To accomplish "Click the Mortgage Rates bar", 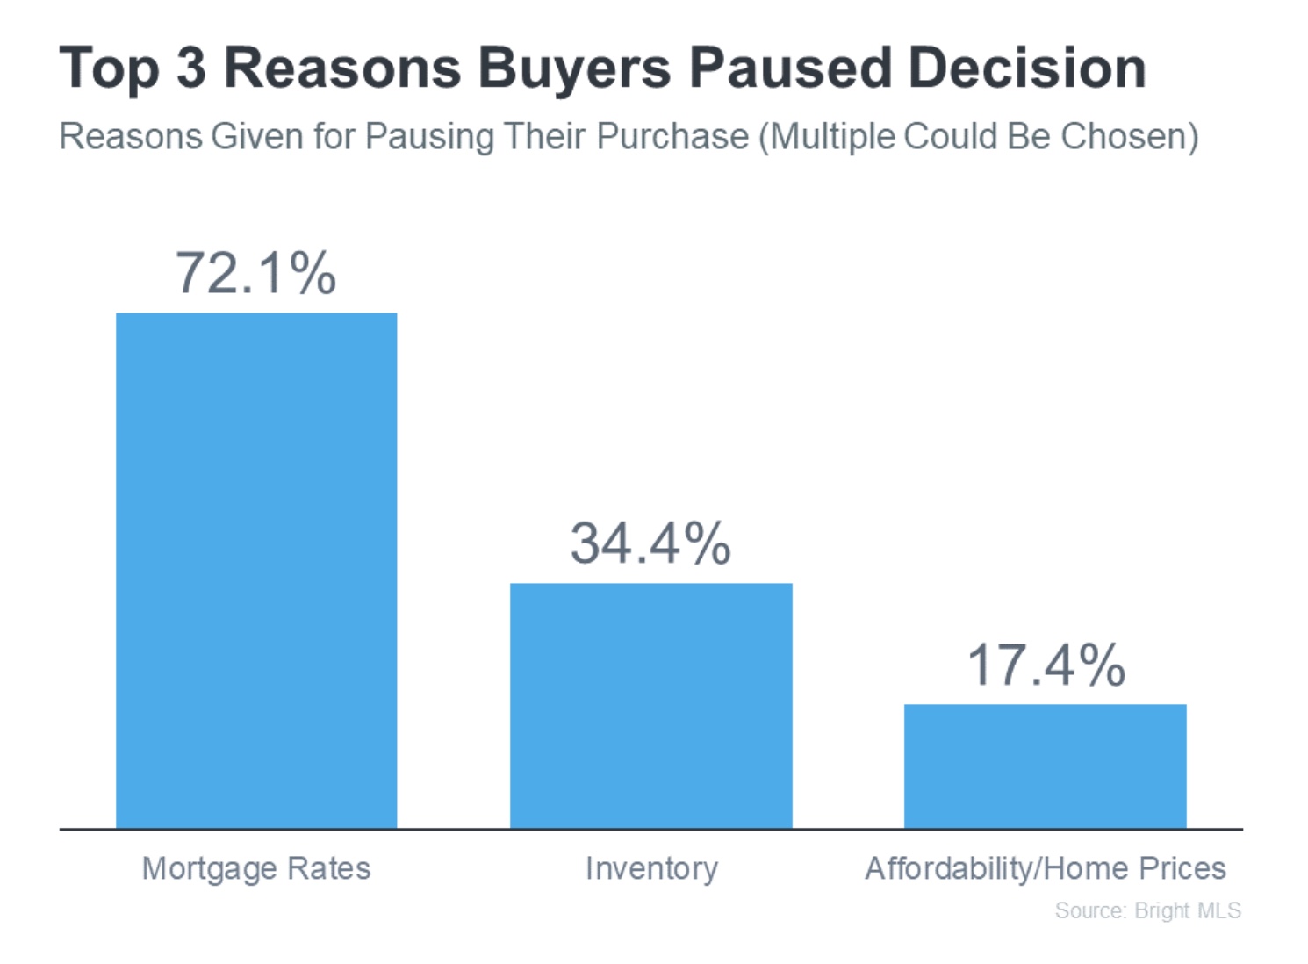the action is tap(256, 571).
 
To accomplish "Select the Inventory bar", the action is tap(651, 705).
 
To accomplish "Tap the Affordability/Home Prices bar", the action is tap(1046, 766).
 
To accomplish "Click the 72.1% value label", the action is tap(255, 273).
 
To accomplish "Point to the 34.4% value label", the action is tap(650, 543).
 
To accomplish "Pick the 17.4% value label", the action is tap(1046, 665).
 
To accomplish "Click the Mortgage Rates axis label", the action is tap(256, 868).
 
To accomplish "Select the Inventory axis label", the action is tap(651, 868).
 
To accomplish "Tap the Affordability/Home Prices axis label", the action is tap(1046, 868).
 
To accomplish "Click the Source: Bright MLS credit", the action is tap(1148, 910).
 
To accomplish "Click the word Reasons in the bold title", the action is tap(342, 68).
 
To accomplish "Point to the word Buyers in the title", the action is tap(575, 70).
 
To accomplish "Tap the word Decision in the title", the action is tap(1027, 68).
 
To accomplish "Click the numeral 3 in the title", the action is tap(191, 68).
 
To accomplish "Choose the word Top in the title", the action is tap(109, 70).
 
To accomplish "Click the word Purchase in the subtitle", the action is tap(672, 137).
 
